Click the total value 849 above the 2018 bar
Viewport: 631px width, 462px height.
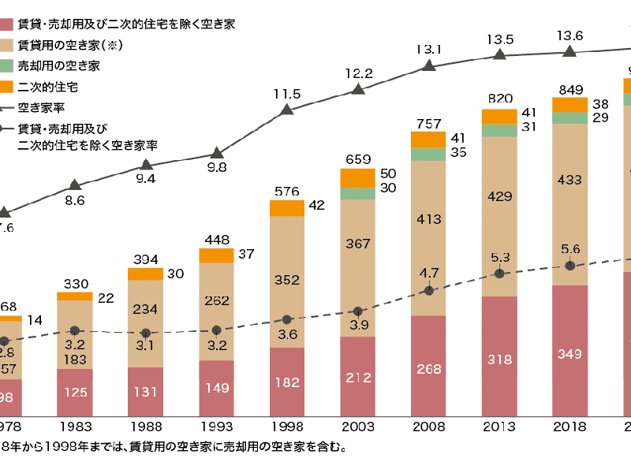pyautogui.click(x=569, y=88)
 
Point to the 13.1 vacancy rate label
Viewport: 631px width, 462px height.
pyautogui.click(x=429, y=49)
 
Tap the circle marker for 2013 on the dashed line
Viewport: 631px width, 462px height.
pyautogui.click(x=499, y=274)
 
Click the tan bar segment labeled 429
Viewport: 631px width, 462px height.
pyautogui.click(x=499, y=217)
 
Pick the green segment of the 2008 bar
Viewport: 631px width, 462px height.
pyautogui.click(x=428, y=154)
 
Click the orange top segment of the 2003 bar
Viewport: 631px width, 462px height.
pyautogui.click(x=358, y=177)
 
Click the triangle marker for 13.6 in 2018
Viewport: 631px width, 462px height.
pyautogui.click(x=569, y=51)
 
